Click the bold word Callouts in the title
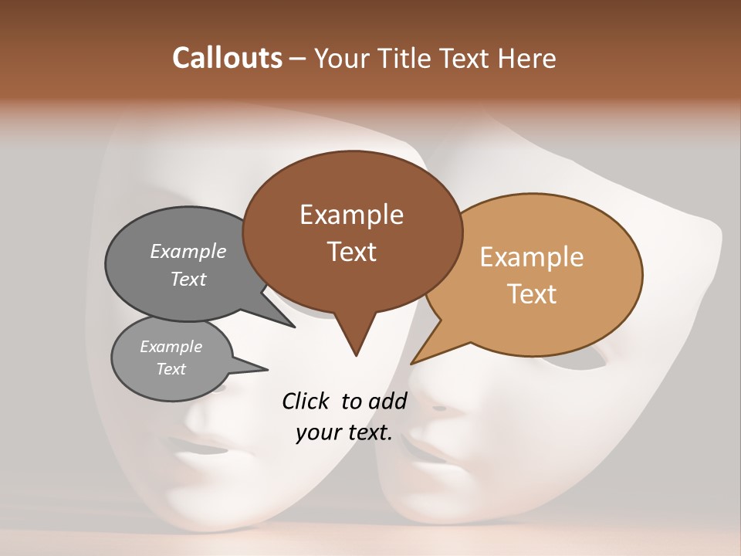228,58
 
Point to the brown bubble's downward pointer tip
356,354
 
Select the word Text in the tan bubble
532,293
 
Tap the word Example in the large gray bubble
188,251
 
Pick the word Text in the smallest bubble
171,369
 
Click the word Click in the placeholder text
307,401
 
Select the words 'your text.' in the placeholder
344,432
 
